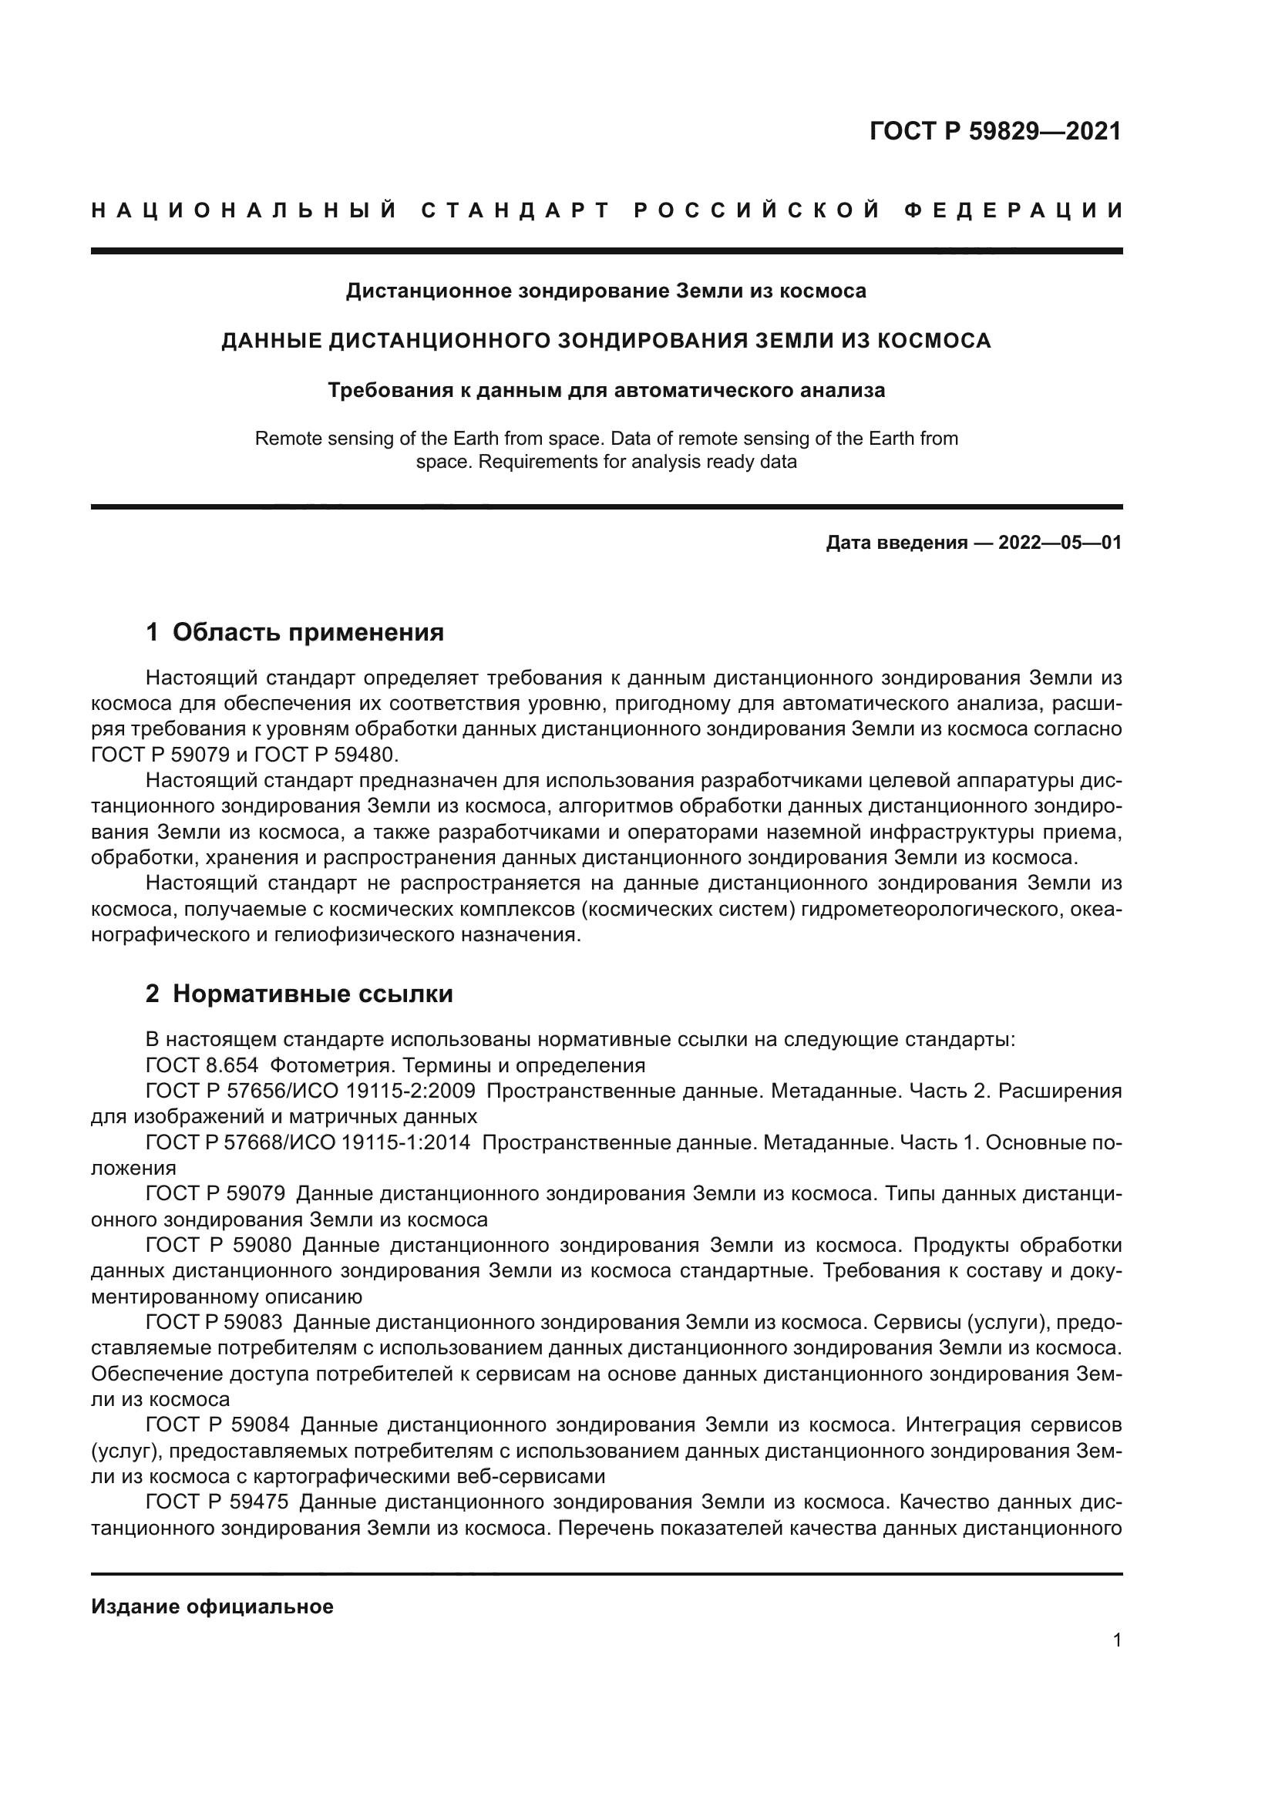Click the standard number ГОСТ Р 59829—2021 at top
point(994,131)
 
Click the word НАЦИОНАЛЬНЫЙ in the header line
point(244,210)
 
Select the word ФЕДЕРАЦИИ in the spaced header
point(1014,210)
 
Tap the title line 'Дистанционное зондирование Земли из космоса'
point(606,291)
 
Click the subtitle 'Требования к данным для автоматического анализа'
point(606,390)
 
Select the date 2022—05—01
point(1060,543)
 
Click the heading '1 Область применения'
point(294,631)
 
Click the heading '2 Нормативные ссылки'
point(299,994)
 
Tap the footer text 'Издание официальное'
point(212,1606)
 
